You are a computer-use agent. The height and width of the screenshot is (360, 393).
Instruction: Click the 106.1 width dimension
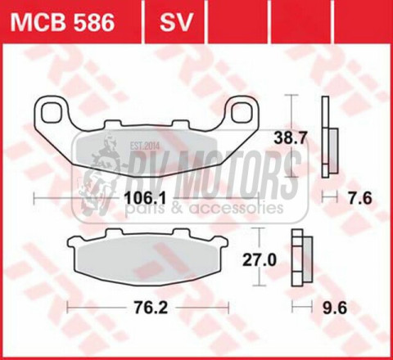[x=147, y=197]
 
